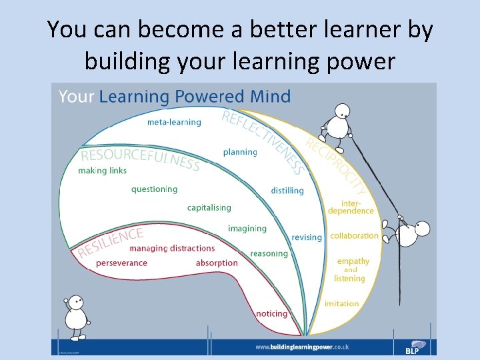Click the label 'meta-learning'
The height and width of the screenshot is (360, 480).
click(x=174, y=122)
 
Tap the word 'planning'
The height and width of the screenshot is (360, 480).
click(x=240, y=152)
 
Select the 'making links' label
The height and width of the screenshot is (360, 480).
click(x=102, y=171)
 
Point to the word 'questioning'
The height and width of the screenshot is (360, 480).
click(x=155, y=189)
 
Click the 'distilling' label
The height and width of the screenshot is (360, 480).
click(x=287, y=191)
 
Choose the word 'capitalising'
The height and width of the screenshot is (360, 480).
click(x=209, y=208)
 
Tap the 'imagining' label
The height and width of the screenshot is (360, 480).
click(x=247, y=229)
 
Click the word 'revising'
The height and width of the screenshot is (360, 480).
click(x=307, y=237)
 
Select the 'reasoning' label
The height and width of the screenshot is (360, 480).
click(x=269, y=253)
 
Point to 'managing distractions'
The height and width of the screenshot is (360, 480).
click(x=172, y=249)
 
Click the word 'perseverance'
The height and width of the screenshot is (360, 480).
click(x=121, y=263)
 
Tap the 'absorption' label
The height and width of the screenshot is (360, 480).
click(x=217, y=263)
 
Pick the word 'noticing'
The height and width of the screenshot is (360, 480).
click(x=272, y=313)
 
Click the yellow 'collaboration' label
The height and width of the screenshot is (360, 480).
click(x=355, y=236)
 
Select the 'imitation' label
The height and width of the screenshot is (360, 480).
click(x=342, y=304)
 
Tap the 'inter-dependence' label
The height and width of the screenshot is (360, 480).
click(x=351, y=207)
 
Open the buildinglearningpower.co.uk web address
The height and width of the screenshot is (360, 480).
click(x=302, y=347)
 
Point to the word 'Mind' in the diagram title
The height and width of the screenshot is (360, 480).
click(x=270, y=97)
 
